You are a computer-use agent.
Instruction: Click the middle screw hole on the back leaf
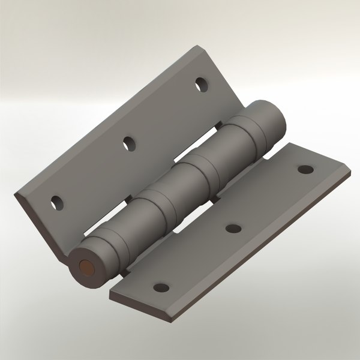128,143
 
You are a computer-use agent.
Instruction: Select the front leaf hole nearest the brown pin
160,287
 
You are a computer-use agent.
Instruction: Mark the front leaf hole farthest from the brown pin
305,170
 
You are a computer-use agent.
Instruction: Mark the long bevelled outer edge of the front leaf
264,252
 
